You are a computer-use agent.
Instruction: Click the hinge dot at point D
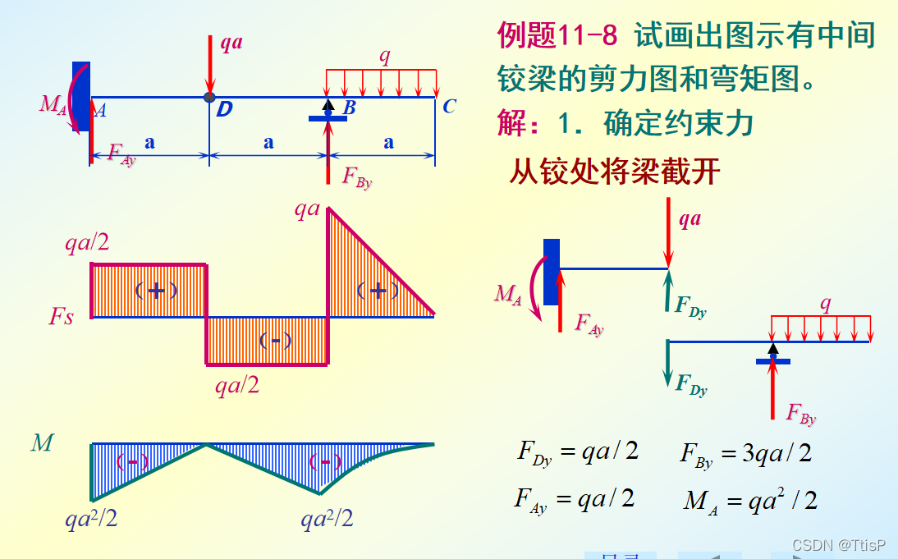[x=210, y=97]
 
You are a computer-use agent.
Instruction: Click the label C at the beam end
[x=448, y=107]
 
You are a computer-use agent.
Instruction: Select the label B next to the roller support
[x=350, y=108]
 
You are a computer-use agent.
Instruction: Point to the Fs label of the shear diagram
[x=61, y=317]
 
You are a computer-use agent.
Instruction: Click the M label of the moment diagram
[x=42, y=444]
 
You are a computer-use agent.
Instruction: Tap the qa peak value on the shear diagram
[x=307, y=209]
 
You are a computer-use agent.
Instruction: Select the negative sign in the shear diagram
[x=275, y=340]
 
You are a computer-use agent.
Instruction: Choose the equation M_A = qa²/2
[x=750, y=501]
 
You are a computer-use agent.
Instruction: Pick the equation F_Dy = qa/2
[x=577, y=452]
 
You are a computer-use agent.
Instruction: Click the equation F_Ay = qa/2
[x=575, y=499]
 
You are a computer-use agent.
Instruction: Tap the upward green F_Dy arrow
[x=668, y=291]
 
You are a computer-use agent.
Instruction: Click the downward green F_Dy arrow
[x=668, y=365]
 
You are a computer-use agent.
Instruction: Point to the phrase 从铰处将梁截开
[x=615, y=172]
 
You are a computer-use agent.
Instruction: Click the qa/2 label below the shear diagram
[x=237, y=385]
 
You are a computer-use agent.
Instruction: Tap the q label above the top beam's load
[x=384, y=56]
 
